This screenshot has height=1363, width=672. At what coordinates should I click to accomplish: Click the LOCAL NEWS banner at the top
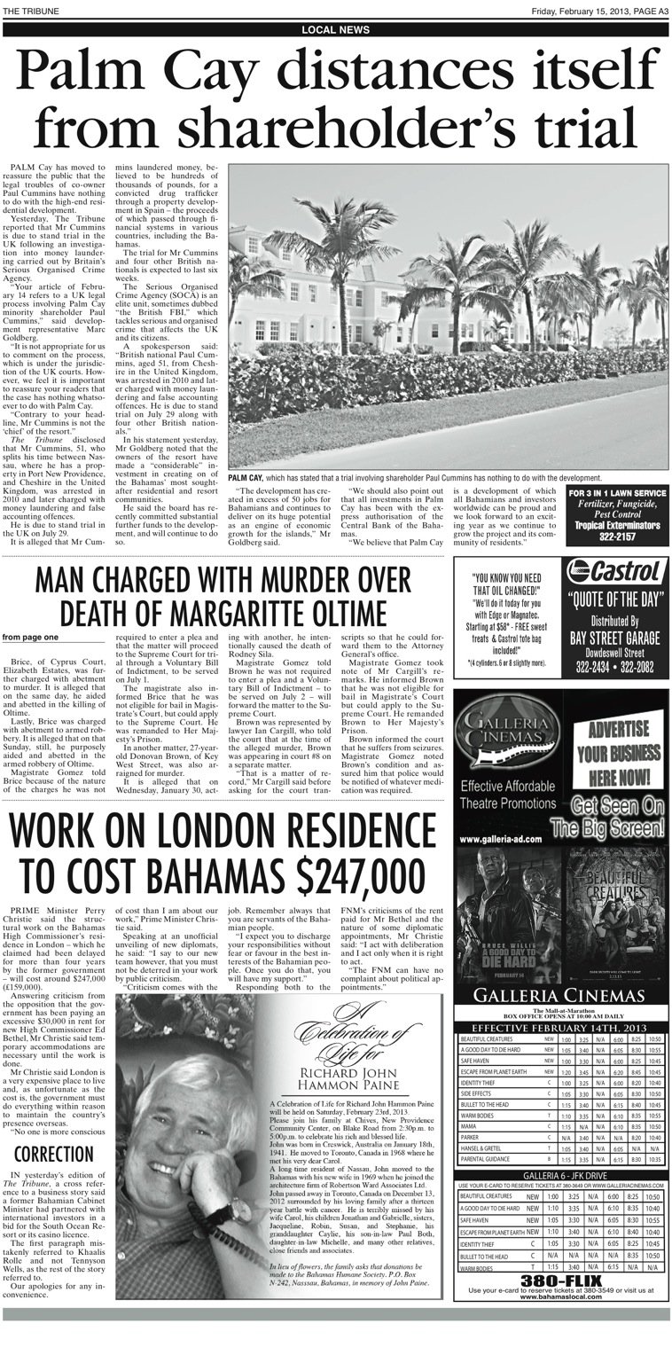click(336, 29)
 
